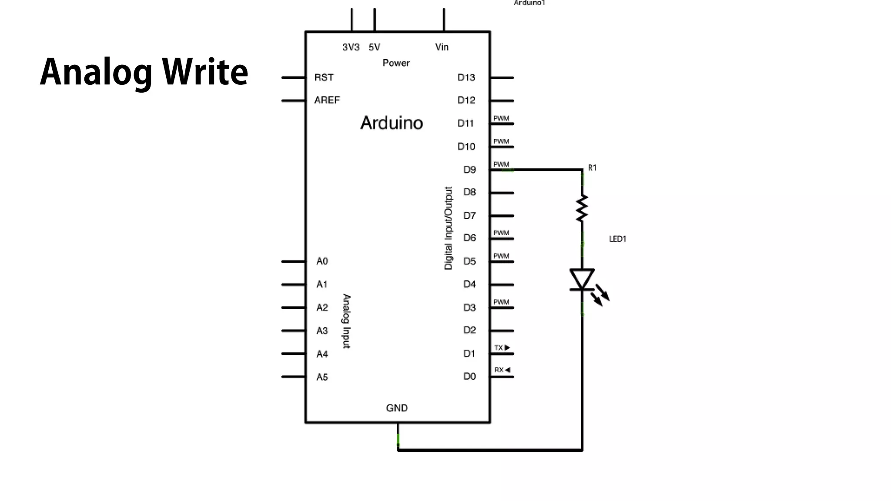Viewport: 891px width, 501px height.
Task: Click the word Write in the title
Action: point(205,72)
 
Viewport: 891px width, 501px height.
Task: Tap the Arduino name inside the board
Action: point(392,123)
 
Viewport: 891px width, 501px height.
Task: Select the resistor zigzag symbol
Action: point(582,209)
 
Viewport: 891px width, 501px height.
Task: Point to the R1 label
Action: point(592,168)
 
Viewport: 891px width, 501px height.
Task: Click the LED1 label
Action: point(617,239)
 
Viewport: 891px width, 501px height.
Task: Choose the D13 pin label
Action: point(466,77)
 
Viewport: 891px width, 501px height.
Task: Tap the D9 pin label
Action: point(469,170)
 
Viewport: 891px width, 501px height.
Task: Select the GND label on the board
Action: point(397,408)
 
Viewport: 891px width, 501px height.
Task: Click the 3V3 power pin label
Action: point(351,47)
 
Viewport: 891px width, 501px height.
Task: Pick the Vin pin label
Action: point(442,47)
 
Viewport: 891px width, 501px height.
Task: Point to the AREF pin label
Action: point(327,100)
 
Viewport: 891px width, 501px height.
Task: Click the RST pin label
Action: point(324,77)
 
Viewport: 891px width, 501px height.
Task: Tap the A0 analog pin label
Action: point(322,261)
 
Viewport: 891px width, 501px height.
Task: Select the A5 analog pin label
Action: point(322,377)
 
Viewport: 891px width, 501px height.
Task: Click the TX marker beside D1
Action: point(502,348)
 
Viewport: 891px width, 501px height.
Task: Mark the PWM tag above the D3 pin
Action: point(501,302)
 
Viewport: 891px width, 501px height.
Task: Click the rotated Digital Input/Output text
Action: point(448,228)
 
